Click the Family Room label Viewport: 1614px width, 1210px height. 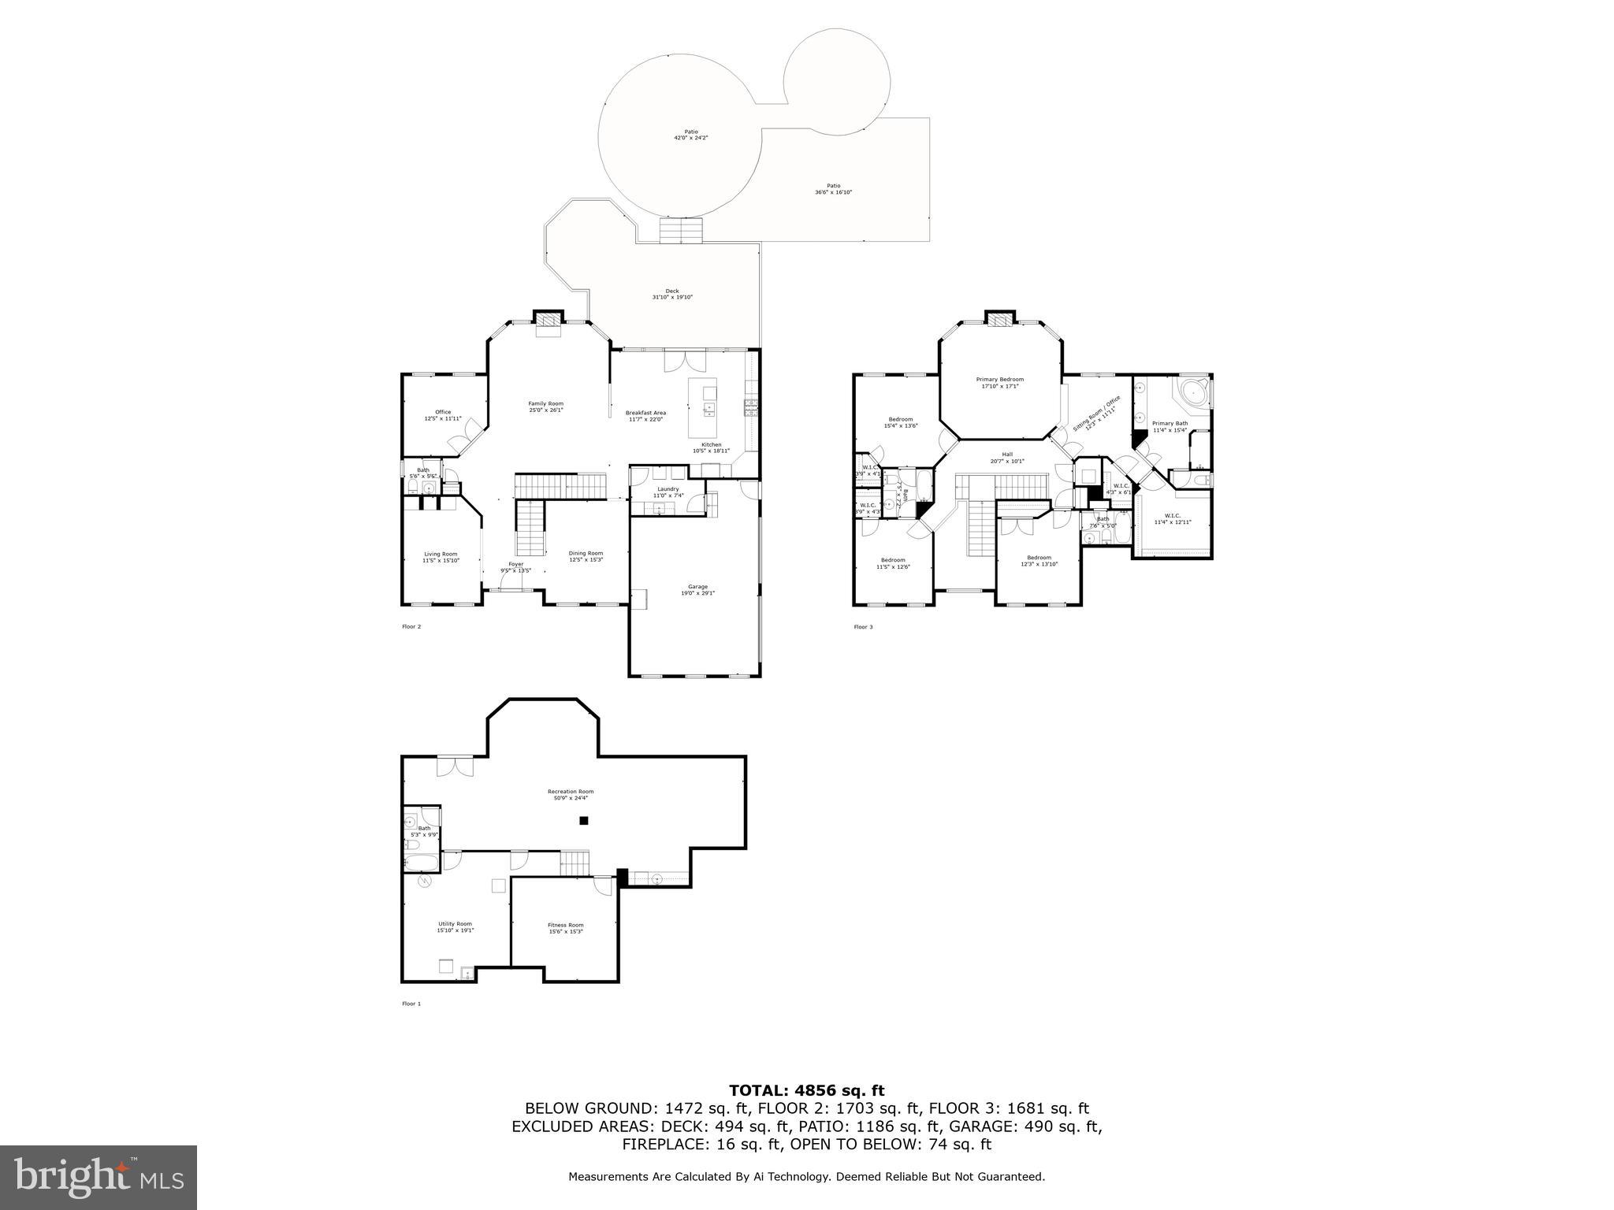pos(545,406)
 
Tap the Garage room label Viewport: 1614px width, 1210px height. pos(697,589)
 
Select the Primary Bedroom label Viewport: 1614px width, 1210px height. pos(1000,383)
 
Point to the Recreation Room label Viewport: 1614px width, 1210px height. pos(571,794)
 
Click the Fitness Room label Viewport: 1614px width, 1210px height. pos(565,928)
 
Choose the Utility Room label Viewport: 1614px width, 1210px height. pos(455,926)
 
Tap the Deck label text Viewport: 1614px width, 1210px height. pos(671,294)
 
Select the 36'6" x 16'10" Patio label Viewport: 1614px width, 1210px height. pos(833,189)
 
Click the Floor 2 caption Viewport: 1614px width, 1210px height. pos(411,627)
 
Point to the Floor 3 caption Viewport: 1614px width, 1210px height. pos(863,627)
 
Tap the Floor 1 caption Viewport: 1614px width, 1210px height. pos(411,1004)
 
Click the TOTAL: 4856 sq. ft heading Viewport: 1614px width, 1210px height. pos(806,1090)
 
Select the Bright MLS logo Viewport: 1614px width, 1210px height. pos(99,1178)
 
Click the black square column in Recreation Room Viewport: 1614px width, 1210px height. pos(584,821)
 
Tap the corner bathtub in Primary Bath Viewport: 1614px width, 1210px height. pos(1192,392)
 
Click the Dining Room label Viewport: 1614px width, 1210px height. pos(586,556)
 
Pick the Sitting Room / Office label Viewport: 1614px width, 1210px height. pos(1095,414)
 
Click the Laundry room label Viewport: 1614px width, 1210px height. pos(668,492)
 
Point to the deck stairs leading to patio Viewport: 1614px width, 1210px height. pos(680,232)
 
